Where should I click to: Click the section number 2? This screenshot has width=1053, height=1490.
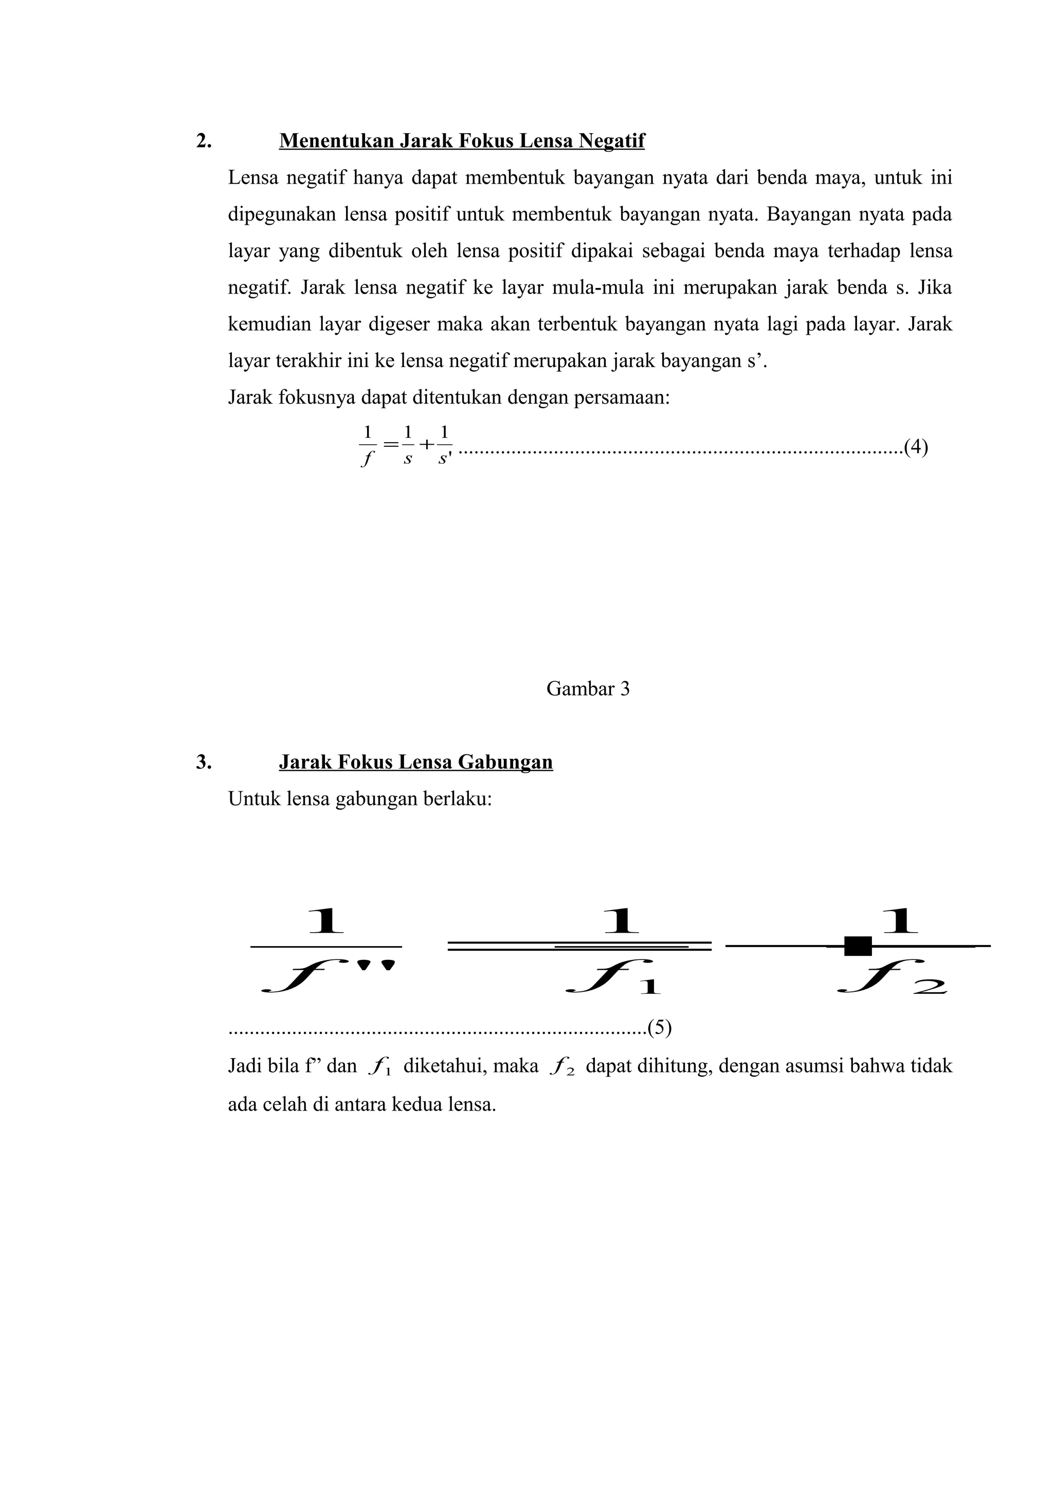point(203,141)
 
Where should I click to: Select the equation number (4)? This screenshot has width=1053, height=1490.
point(915,447)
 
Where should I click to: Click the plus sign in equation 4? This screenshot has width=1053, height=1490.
point(426,445)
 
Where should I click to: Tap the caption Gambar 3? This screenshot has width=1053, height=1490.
point(588,688)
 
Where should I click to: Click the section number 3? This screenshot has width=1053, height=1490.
point(203,762)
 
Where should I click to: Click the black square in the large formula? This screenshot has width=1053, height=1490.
point(858,946)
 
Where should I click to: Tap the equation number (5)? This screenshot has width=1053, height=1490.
point(660,1028)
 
